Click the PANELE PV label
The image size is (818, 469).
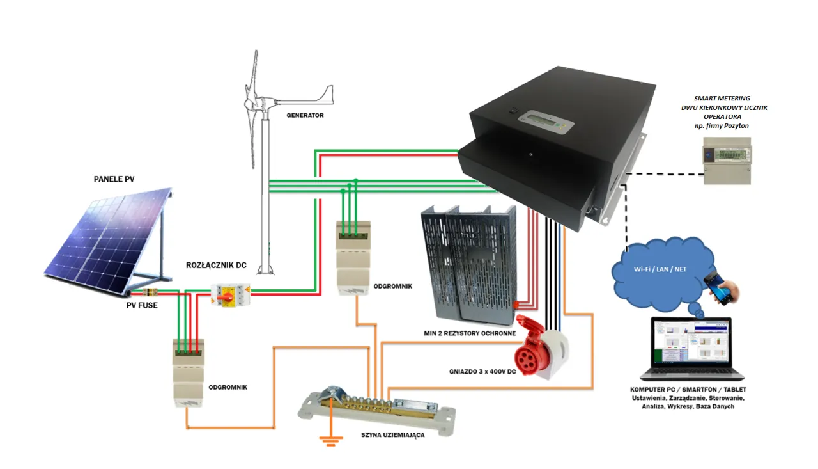114,179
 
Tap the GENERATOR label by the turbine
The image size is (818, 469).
305,116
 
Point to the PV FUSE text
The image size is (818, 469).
143,305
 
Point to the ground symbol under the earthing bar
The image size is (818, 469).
330,440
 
